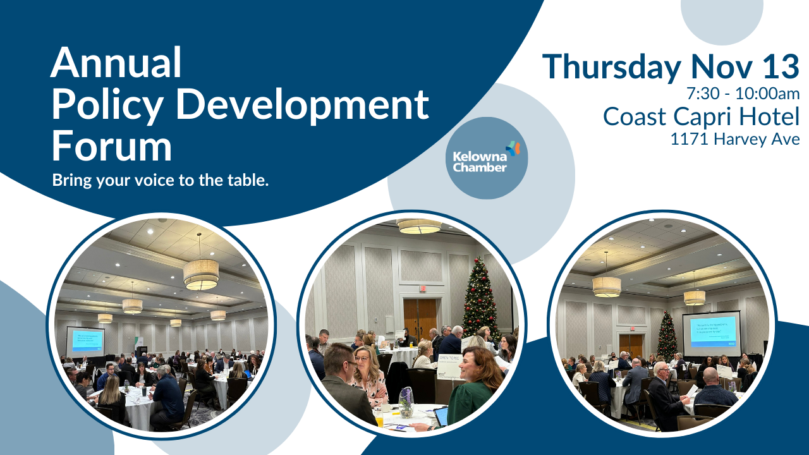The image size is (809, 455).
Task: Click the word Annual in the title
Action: pos(116,63)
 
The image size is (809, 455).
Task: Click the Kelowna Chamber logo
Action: pos(486,158)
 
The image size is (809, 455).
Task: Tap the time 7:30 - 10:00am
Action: pos(743,94)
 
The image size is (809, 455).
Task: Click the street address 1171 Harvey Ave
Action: pos(735,139)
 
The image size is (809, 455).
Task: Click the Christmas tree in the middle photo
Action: pos(480,297)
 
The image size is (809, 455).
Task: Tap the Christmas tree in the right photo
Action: pos(666,335)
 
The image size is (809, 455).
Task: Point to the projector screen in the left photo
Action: pos(85,341)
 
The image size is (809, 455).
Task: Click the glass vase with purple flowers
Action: pos(406,402)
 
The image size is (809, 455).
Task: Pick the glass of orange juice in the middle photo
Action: pos(379,418)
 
